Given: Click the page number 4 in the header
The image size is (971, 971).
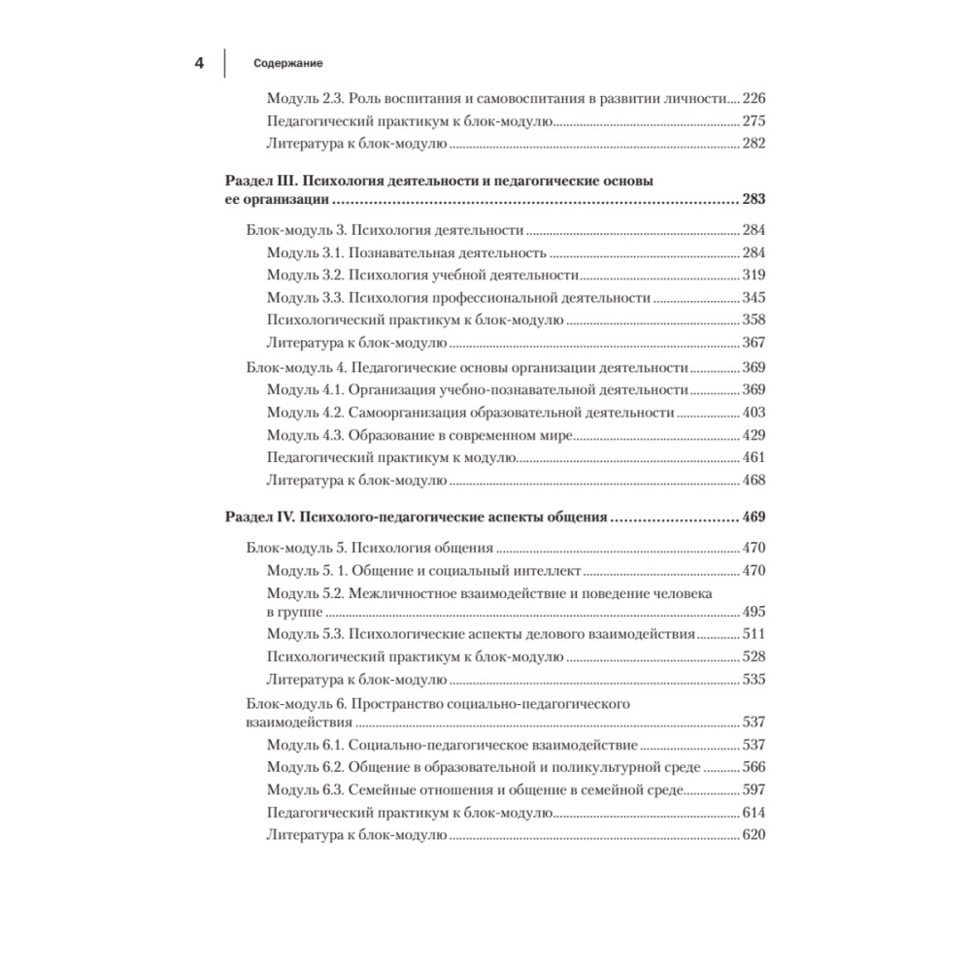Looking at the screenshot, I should tap(199, 63).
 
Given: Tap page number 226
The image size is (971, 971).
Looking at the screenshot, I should tap(753, 99).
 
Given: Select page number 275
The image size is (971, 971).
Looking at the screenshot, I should tap(753, 121).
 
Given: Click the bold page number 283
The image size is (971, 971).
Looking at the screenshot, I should tap(753, 200).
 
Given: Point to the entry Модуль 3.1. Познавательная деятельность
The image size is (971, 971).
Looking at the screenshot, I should tap(407, 253).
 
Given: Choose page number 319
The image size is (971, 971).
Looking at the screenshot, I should tap(753, 275).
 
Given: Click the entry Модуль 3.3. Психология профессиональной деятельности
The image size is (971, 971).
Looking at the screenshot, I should tap(458, 297).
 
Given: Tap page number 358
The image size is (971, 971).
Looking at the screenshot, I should tap(753, 319).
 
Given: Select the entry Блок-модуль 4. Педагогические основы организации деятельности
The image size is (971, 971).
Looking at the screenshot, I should tap(467, 368).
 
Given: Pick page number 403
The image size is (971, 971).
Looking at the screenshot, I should tap(753, 413).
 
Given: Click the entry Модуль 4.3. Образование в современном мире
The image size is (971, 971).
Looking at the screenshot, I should tap(419, 435).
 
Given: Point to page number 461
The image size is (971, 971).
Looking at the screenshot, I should tap(753, 457).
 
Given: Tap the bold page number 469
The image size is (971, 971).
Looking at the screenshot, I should tap(753, 518).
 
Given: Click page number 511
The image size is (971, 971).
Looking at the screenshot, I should tap(753, 634).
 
